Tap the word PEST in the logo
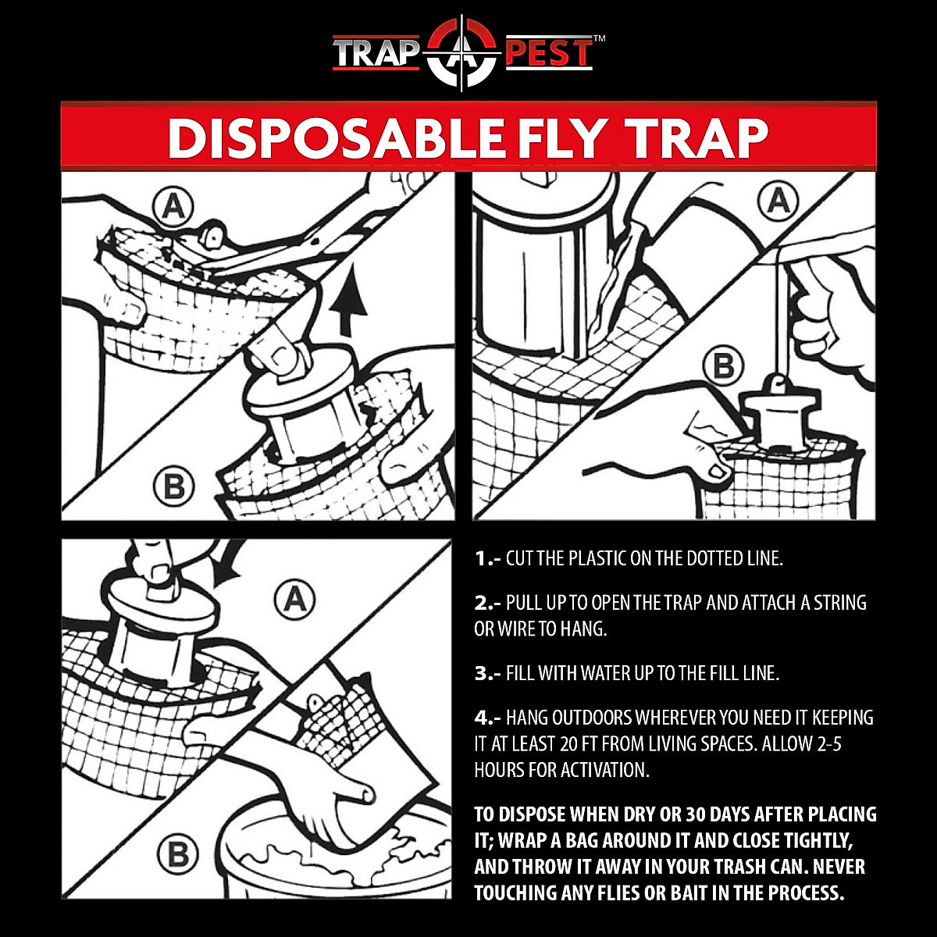point(550,54)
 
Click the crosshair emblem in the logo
point(462,54)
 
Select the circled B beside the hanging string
point(723,367)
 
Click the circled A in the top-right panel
point(778,201)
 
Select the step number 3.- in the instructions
point(487,673)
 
